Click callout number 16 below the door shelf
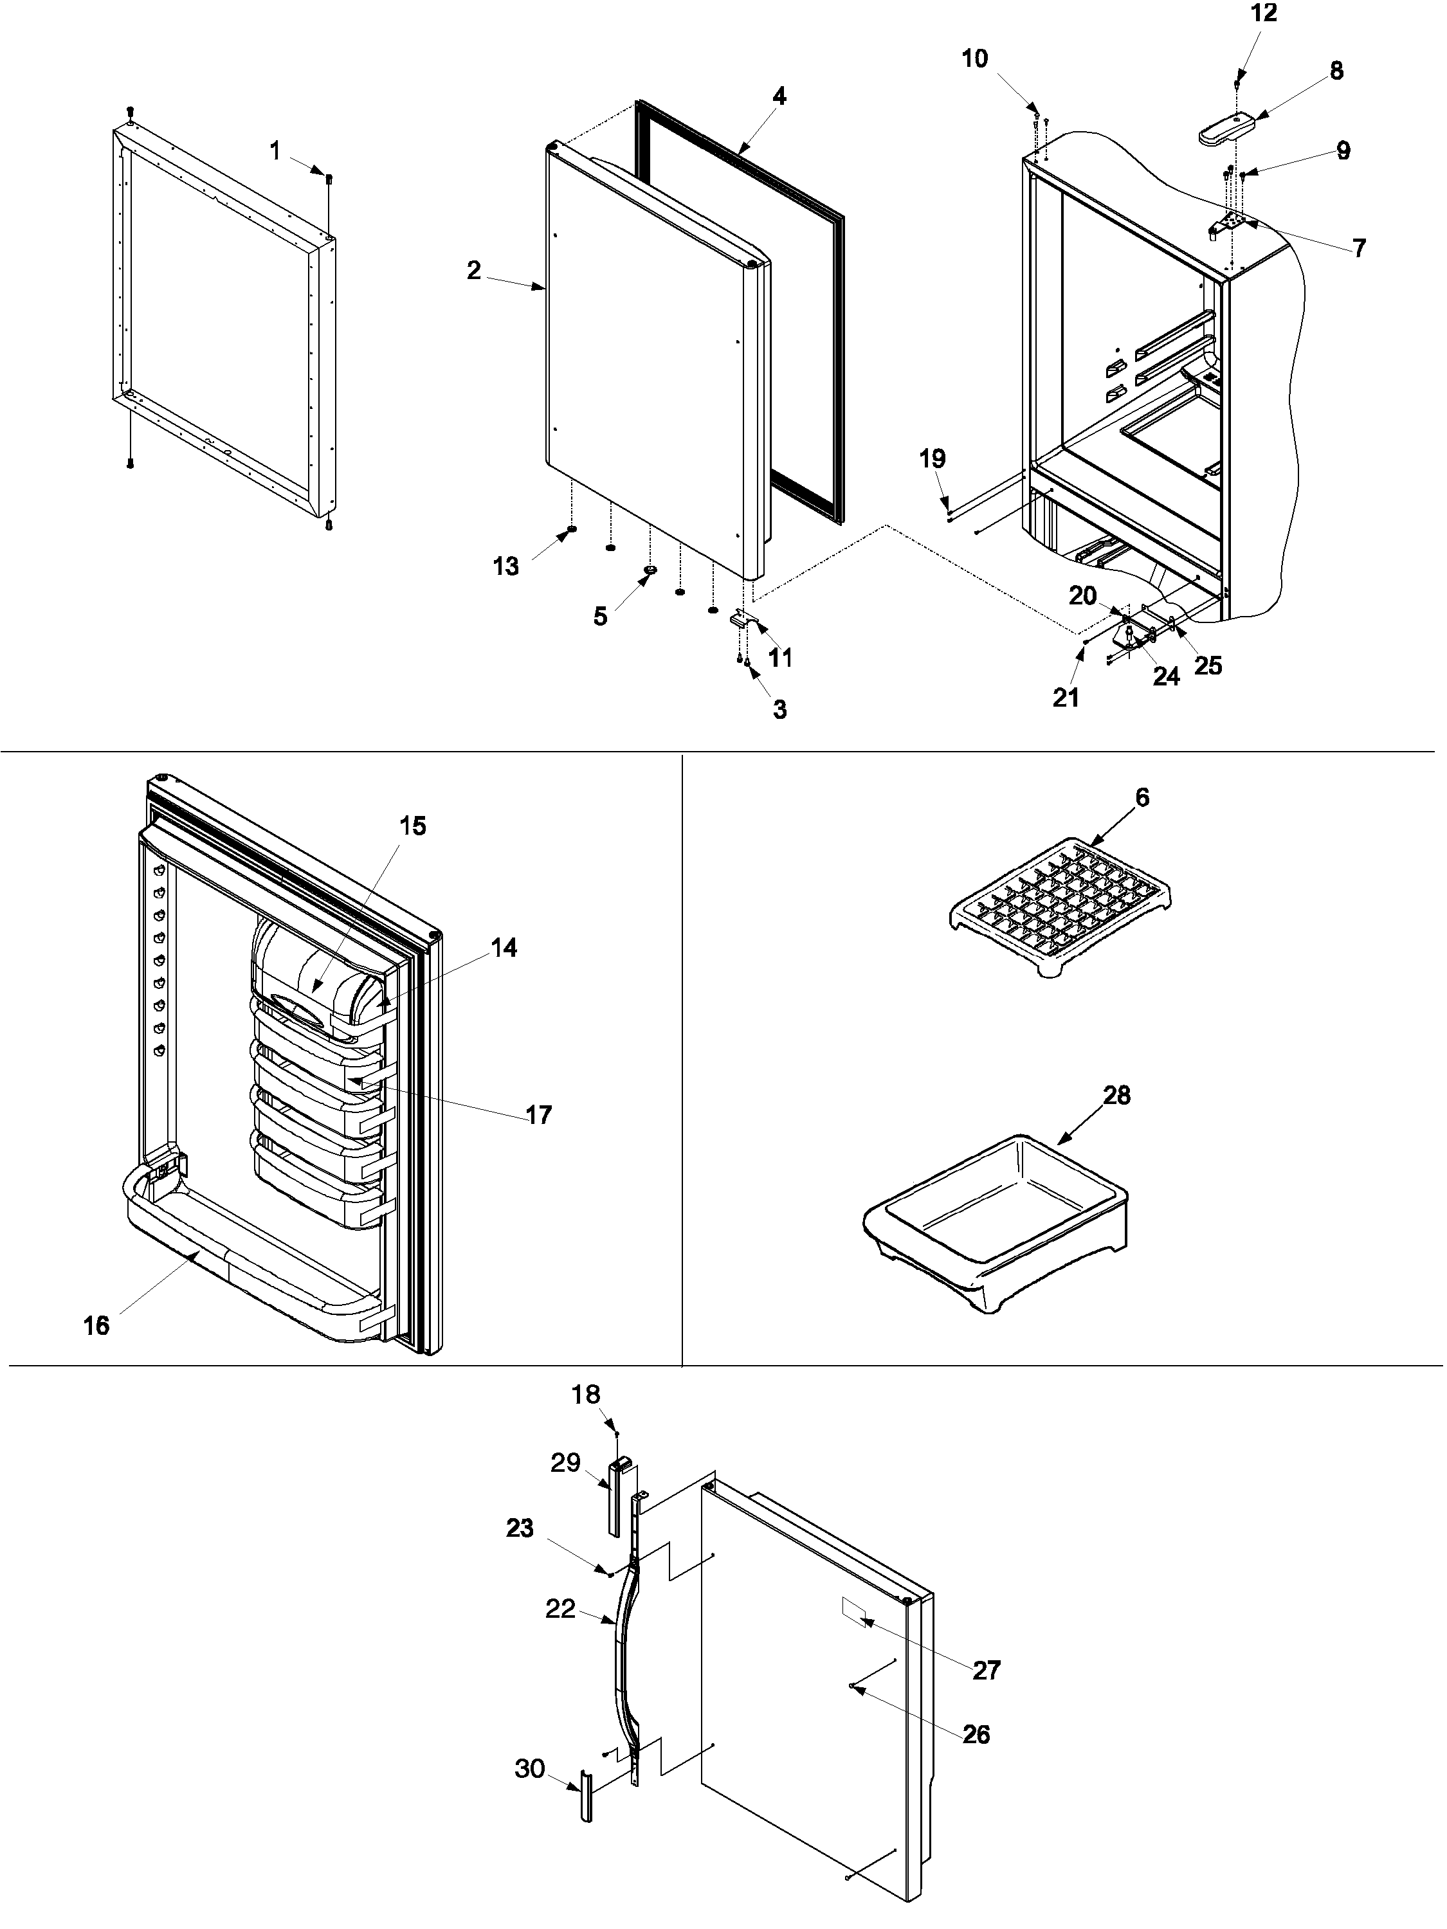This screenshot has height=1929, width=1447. (x=96, y=1325)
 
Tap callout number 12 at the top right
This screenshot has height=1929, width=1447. (x=1263, y=13)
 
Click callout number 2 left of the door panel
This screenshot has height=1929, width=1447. (x=473, y=270)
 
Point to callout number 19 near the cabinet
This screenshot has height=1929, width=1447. (x=933, y=458)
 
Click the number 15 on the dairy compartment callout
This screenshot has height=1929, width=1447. (x=413, y=826)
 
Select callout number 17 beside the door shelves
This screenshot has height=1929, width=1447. (x=539, y=1114)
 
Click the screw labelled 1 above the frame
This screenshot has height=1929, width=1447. (x=329, y=179)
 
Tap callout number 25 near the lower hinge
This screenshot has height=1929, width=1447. (x=1208, y=666)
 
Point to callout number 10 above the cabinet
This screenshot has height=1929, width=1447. (x=974, y=59)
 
